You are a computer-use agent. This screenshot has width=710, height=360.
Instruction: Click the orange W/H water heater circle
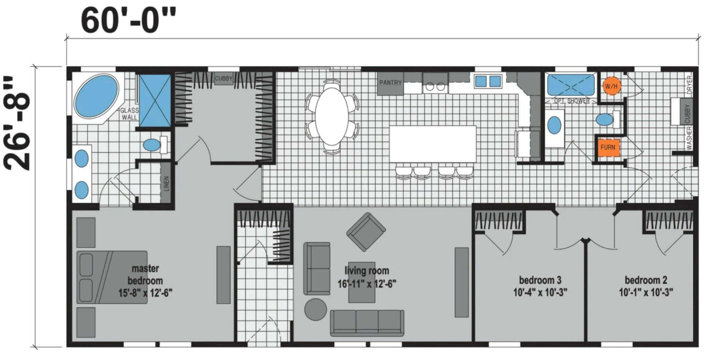click(x=611, y=86)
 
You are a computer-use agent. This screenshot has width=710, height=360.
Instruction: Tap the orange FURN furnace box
click(x=608, y=147)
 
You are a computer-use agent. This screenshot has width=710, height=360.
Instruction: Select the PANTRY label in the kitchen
click(x=390, y=83)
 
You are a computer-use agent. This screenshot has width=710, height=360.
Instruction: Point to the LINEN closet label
click(x=166, y=184)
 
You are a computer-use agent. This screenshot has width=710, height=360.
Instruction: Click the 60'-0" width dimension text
click(x=128, y=21)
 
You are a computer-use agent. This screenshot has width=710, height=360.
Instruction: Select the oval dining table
click(x=331, y=116)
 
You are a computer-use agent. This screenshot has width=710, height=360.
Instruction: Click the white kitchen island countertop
click(x=433, y=144)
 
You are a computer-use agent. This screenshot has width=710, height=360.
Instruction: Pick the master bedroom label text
click(x=145, y=274)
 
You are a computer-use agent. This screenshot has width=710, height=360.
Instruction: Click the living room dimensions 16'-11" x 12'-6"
click(x=367, y=284)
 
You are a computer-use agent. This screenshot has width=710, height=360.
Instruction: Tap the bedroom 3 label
click(x=540, y=280)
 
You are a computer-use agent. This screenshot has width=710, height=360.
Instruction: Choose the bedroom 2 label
click(x=646, y=280)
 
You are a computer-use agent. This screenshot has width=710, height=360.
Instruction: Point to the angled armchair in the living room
click(x=366, y=232)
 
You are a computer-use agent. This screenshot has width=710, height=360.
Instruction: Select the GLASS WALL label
click(x=129, y=114)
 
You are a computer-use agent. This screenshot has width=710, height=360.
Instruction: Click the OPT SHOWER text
click(x=572, y=101)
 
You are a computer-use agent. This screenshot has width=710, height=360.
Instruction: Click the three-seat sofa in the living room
click(x=367, y=323)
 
